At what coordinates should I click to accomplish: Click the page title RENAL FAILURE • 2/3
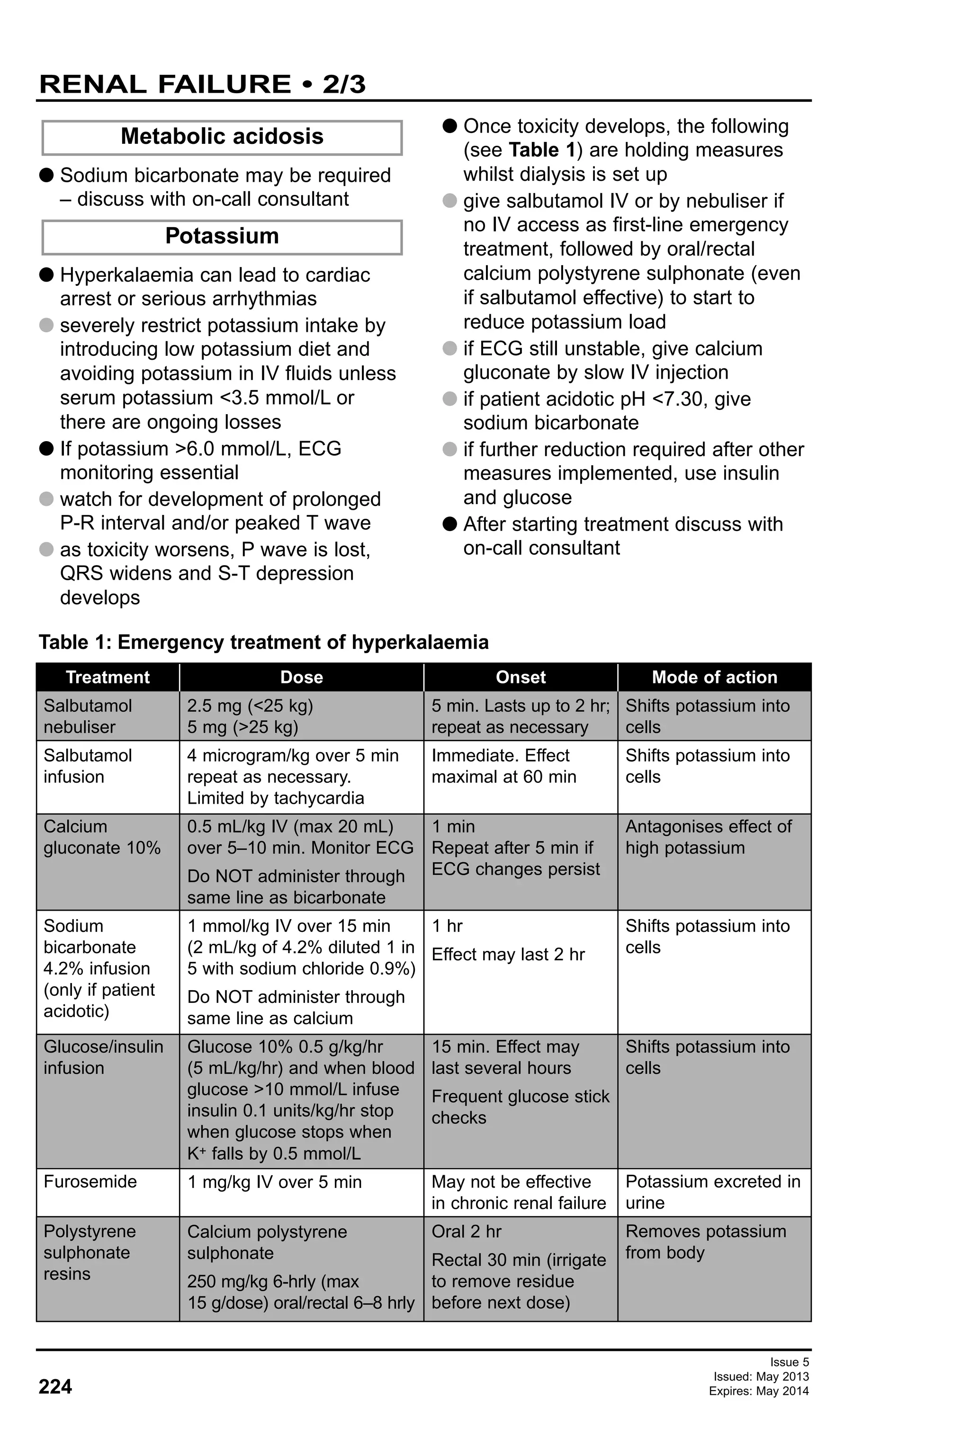point(202,84)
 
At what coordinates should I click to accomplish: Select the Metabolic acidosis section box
point(222,137)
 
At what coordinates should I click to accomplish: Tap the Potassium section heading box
point(222,236)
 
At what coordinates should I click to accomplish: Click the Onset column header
point(521,677)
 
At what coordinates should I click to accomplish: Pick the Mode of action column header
point(714,677)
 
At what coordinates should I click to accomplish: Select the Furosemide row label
point(90,1181)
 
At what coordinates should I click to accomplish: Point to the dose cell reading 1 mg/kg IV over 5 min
point(275,1182)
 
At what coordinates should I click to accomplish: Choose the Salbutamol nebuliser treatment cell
point(88,716)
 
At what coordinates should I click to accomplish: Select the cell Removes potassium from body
point(705,1242)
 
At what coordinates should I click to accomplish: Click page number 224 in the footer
point(55,1387)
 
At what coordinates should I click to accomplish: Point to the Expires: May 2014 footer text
point(759,1391)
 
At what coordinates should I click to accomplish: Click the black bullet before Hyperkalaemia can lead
point(46,275)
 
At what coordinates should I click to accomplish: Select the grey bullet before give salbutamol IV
point(450,201)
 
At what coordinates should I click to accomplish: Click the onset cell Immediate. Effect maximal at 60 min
point(504,766)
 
